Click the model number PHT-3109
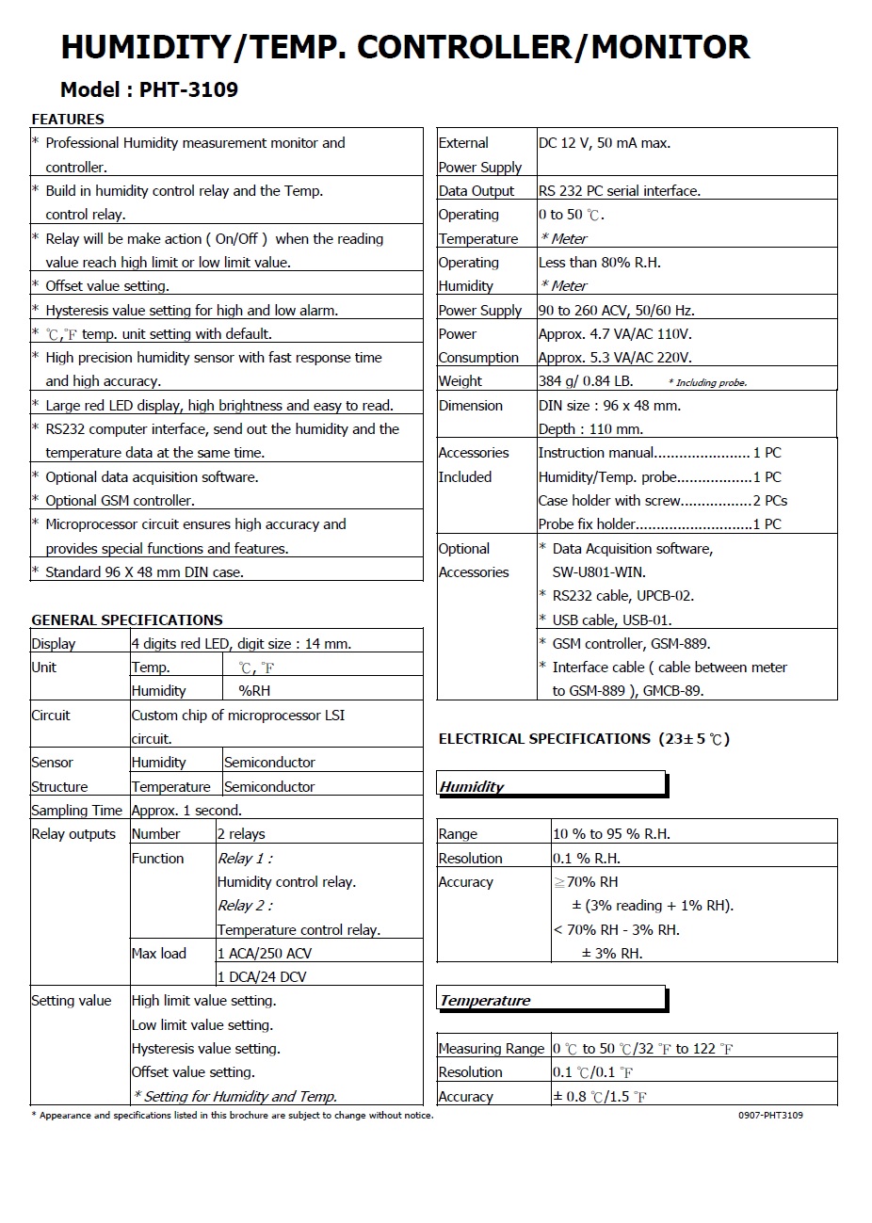pos(188,90)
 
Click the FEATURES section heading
pos(68,120)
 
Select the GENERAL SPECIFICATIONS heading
pos(127,620)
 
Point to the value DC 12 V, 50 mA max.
pos(605,143)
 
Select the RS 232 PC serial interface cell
pos(620,191)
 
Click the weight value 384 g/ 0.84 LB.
pos(586,381)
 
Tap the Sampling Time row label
pos(77,811)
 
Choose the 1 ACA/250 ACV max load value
pos(265,954)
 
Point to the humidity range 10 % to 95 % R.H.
pos(611,834)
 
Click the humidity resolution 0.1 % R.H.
pos(586,859)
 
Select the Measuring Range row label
pos(492,1049)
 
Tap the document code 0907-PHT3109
pos(770,1116)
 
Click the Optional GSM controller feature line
pos(120,501)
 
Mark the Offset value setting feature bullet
pos(107,286)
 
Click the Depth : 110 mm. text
pos(590,429)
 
